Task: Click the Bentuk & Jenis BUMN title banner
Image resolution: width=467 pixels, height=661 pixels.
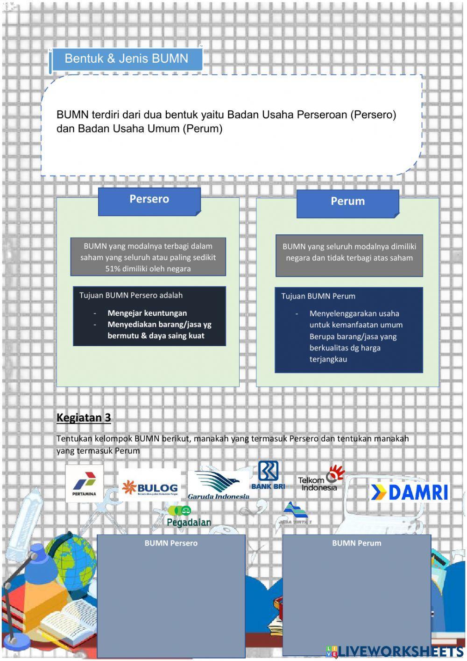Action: pyautogui.click(x=126, y=59)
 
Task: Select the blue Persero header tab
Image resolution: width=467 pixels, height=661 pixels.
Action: pyautogui.click(x=149, y=200)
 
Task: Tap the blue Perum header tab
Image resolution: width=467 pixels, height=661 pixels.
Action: pyautogui.click(x=347, y=202)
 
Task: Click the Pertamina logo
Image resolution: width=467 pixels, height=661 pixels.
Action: pyautogui.click(x=84, y=484)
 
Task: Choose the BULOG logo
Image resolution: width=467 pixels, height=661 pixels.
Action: pyautogui.click(x=150, y=488)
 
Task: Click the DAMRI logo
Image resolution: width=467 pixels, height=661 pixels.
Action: pyautogui.click(x=409, y=492)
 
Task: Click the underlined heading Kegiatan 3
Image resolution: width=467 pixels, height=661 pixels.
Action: pyautogui.click(x=84, y=418)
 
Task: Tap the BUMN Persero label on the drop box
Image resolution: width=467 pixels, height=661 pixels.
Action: pyautogui.click(x=171, y=543)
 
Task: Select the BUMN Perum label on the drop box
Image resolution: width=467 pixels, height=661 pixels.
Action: pyautogui.click(x=356, y=543)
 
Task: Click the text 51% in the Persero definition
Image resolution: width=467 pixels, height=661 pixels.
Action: pyautogui.click(x=113, y=269)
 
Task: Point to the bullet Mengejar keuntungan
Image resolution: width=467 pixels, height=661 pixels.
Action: pyautogui.click(x=147, y=313)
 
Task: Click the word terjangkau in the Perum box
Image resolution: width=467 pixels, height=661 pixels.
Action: pyautogui.click(x=328, y=360)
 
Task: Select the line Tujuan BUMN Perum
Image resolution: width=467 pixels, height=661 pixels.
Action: pyautogui.click(x=318, y=296)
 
